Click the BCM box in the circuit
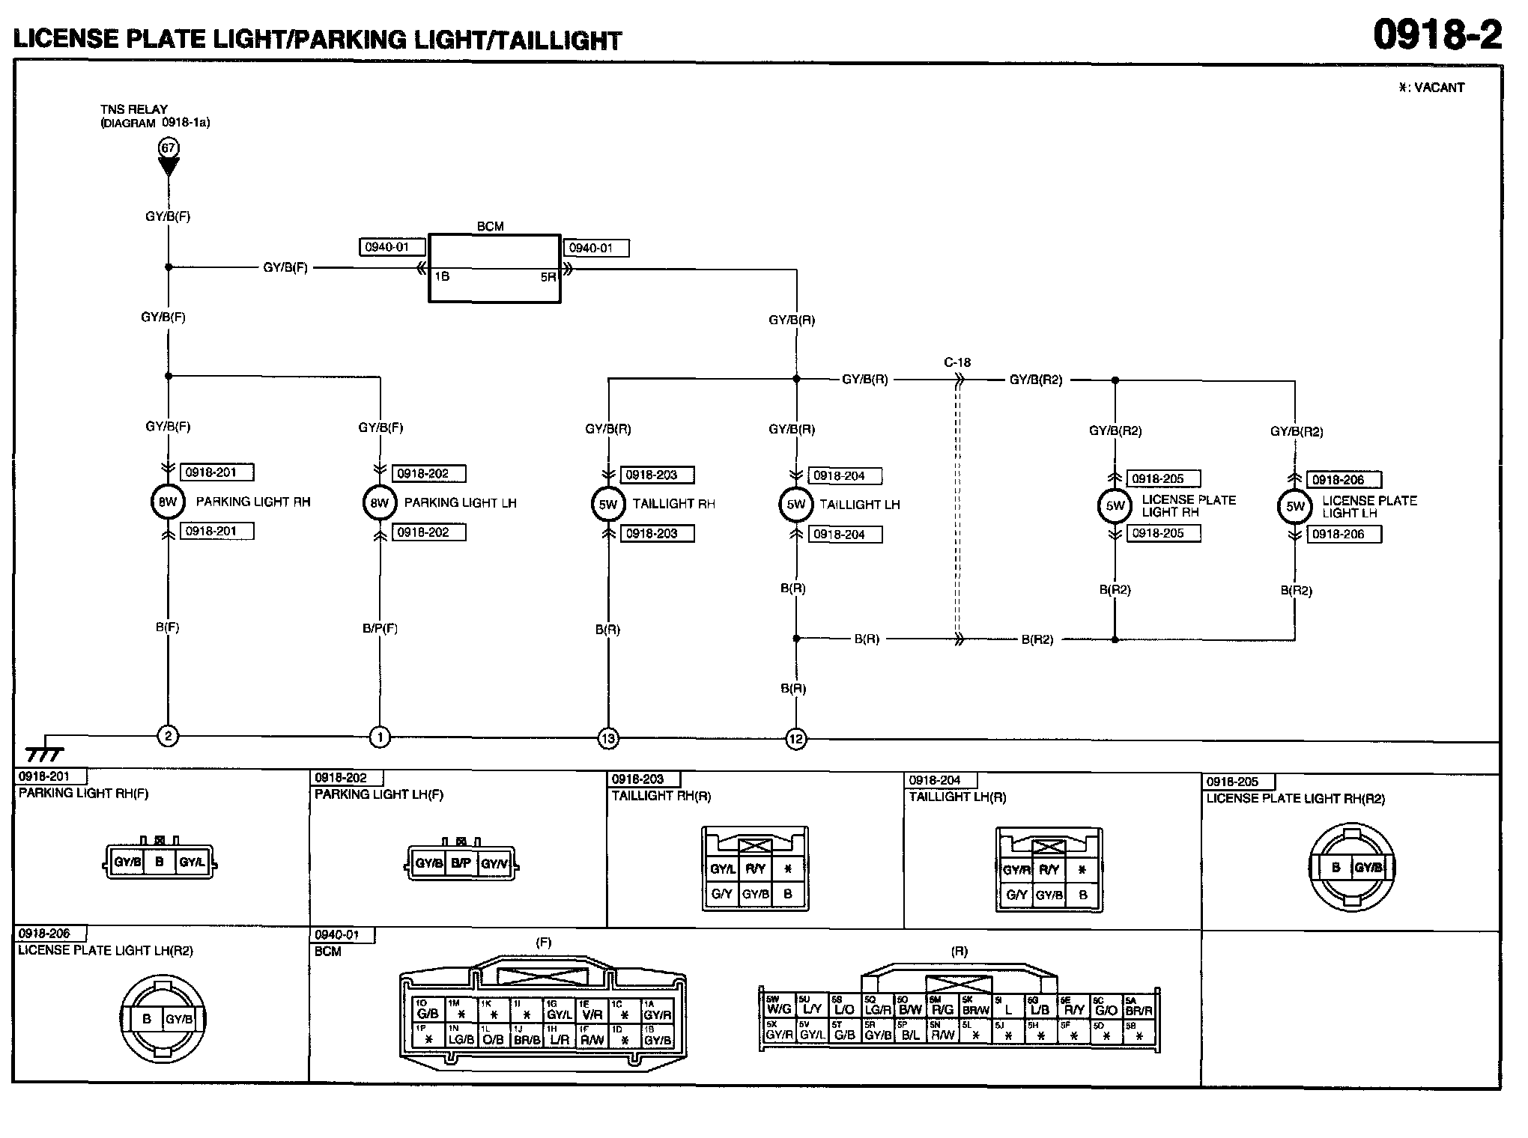pos(494,268)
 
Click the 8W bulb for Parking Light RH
pos(168,502)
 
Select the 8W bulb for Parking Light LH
pos(380,503)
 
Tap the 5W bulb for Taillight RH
pos(607,505)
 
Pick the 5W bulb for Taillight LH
pos(795,505)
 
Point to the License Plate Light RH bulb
pos(1115,505)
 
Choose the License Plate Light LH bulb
pos(1295,507)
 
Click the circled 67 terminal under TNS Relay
pos(169,148)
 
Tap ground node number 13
pos(607,739)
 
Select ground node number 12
pos(795,740)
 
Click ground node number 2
pos(168,737)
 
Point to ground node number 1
pos(380,737)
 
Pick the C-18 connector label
pos(957,362)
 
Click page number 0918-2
pos(1437,36)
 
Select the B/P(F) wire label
pos(380,628)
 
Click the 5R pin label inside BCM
pos(548,277)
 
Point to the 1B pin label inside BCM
pos(442,276)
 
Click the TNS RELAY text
pos(134,109)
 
